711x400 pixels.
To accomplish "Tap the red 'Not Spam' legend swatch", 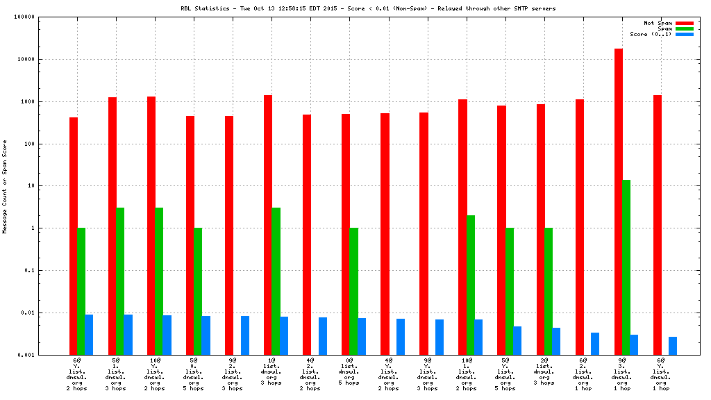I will pyautogui.click(x=684, y=23).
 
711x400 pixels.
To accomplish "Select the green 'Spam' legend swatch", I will pyautogui.click(x=684, y=28).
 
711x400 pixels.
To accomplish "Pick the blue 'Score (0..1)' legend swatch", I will pyautogui.click(x=684, y=34).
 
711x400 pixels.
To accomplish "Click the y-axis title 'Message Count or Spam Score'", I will pyautogui.click(x=5, y=186).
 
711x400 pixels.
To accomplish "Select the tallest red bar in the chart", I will pyautogui.click(x=618, y=201).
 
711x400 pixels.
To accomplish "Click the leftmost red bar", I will pyautogui.click(x=74, y=236).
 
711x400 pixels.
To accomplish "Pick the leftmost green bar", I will pyautogui.click(x=81, y=291).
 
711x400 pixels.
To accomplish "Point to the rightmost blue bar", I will pyautogui.click(x=673, y=346).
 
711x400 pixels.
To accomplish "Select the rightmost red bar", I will pyautogui.click(x=657, y=225).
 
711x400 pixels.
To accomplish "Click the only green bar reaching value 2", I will pyautogui.click(x=471, y=285).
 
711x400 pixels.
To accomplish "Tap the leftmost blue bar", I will pyautogui.click(x=89, y=335).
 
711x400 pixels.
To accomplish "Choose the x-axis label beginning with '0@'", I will pyautogui.click(x=349, y=372).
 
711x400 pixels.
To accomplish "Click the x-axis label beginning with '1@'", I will pyautogui.click(x=271, y=372).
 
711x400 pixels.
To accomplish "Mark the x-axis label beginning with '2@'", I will pyautogui.click(x=544, y=372).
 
